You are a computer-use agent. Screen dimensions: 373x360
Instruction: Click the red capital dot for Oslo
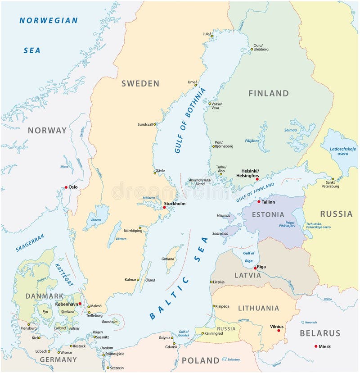(66, 187)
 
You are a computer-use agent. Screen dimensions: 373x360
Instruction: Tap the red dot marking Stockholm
(164, 208)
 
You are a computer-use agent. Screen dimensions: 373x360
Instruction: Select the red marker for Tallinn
(259, 202)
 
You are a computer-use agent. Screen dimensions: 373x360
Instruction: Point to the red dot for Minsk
(315, 346)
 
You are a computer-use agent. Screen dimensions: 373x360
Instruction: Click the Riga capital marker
(255, 268)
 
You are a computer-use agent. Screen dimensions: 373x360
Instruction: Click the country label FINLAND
(269, 93)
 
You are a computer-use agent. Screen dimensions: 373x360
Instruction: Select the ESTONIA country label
(268, 214)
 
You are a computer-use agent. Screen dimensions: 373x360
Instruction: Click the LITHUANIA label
(258, 308)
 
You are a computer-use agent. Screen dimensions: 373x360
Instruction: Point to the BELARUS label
(321, 333)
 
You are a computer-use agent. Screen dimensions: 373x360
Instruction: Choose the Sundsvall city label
(146, 124)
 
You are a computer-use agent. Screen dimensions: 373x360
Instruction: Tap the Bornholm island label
(111, 322)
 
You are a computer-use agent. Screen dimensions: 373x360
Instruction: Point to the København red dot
(80, 304)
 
